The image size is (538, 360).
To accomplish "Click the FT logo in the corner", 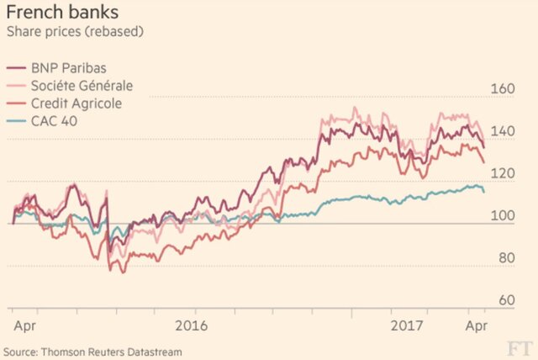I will (x=519, y=347).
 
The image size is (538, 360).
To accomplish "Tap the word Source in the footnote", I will (x=20, y=350).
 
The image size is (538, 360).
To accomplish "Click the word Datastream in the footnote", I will (x=154, y=350).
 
